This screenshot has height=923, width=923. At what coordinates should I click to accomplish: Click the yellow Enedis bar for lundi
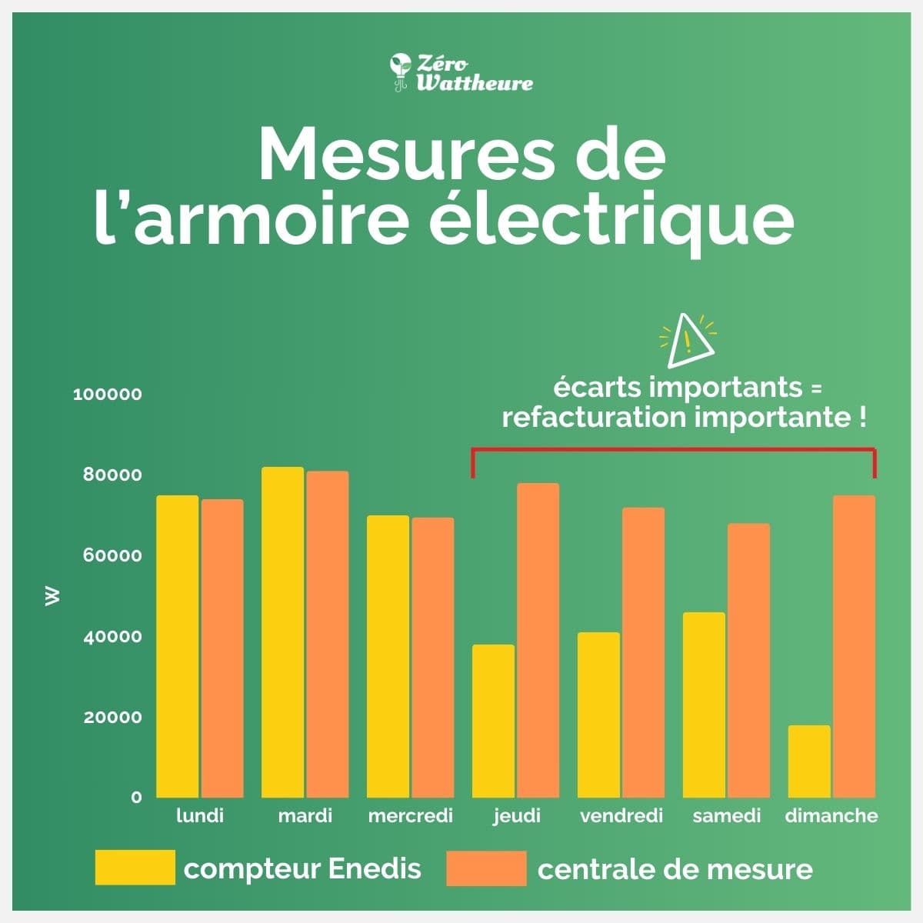pyautogui.click(x=178, y=646)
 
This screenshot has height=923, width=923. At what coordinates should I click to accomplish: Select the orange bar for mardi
pyautogui.click(x=328, y=634)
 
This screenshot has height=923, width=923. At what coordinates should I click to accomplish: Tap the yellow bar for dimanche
pyautogui.click(x=809, y=761)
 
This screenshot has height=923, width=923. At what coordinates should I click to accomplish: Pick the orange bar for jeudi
pyautogui.click(x=538, y=640)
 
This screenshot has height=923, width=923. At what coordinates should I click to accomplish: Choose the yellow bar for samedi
pyautogui.click(x=704, y=705)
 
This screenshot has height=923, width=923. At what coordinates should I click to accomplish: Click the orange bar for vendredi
pyautogui.click(x=643, y=652)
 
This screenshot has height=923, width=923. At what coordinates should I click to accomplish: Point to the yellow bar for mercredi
pyautogui.click(x=388, y=656)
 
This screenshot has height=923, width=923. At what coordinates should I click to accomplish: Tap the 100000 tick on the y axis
pyautogui.click(x=108, y=395)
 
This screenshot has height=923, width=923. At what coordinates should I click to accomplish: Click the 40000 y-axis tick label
pyautogui.click(x=112, y=637)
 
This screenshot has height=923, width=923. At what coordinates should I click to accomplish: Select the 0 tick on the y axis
pyautogui.click(x=136, y=798)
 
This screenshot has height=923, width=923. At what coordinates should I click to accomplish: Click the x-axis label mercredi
pyautogui.click(x=410, y=816)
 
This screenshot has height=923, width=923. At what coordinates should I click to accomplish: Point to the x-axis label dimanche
pyautogui.click(x=831, y=816)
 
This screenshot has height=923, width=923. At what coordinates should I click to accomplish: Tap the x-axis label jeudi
pyautogui.click(x=517, y=816)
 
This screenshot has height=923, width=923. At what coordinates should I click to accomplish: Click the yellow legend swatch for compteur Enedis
pyautogui.click(x=135, y=868)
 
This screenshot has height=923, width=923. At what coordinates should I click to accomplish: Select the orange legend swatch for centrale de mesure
pyautogui.click(x=486, y=868)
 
